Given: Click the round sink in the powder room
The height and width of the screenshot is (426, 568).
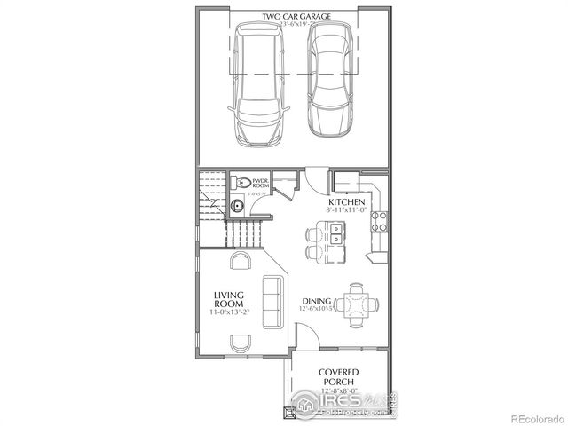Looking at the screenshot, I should pyautogui.click(x=237, y=207).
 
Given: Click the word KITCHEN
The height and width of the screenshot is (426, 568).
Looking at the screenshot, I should pyautogui.click(x=345, y=202).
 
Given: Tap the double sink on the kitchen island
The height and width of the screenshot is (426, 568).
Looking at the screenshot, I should pyautogui.click(x=337, y=235).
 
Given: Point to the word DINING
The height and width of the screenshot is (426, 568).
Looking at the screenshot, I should pyautogui.click(x=317, y=300).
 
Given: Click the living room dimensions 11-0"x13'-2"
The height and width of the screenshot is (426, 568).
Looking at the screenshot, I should pyautogui.click(x=228, y=312).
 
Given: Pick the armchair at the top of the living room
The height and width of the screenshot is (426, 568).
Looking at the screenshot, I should pyautogui.click(x=241, y=261).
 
